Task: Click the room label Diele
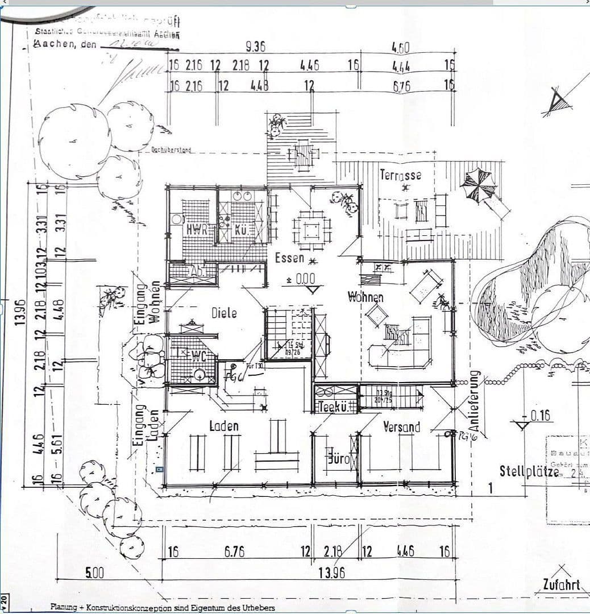(x=224, y=313)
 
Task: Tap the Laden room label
(x=224, y=426)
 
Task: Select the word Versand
(x=401, y=426)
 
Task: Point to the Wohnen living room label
(x=365, y=297)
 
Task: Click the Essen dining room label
(x=290, y=258)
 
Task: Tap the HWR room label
(x=198, y=230)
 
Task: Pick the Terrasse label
(x=401, y=175)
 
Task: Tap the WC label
(x=198, y=356)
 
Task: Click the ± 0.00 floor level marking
(x=301, y=279)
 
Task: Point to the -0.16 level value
(x=540, y=416)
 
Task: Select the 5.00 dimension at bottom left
(x=95, y=572)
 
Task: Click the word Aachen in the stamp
(x=56, y=44)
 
